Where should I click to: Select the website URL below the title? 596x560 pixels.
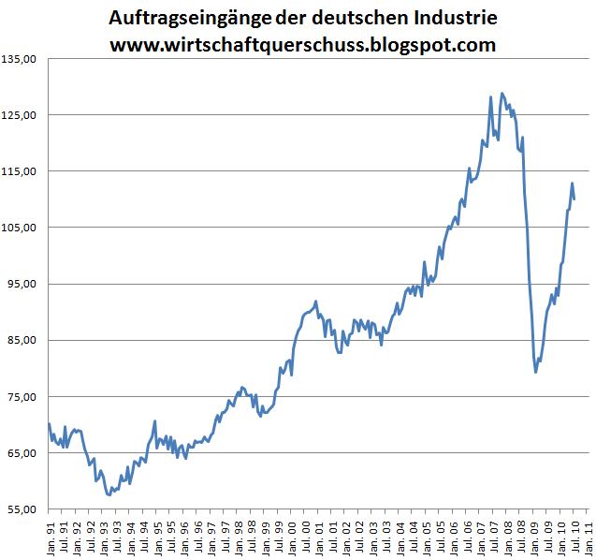click(x=302, y=44)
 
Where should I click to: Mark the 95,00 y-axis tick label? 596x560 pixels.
click(x=22, y=284)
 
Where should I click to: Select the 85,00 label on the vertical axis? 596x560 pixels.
click(x=22, y=340)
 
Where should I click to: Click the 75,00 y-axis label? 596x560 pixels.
click(x=22, y=397)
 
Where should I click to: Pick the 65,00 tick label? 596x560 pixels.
click(x=22, y=453)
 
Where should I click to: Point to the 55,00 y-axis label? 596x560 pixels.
click(x=22, y=509)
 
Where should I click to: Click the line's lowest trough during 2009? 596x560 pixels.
click(x=536, y=372)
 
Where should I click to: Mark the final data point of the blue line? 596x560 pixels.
click(x=574, y=199)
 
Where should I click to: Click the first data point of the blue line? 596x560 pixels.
click(x=49, y=424)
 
